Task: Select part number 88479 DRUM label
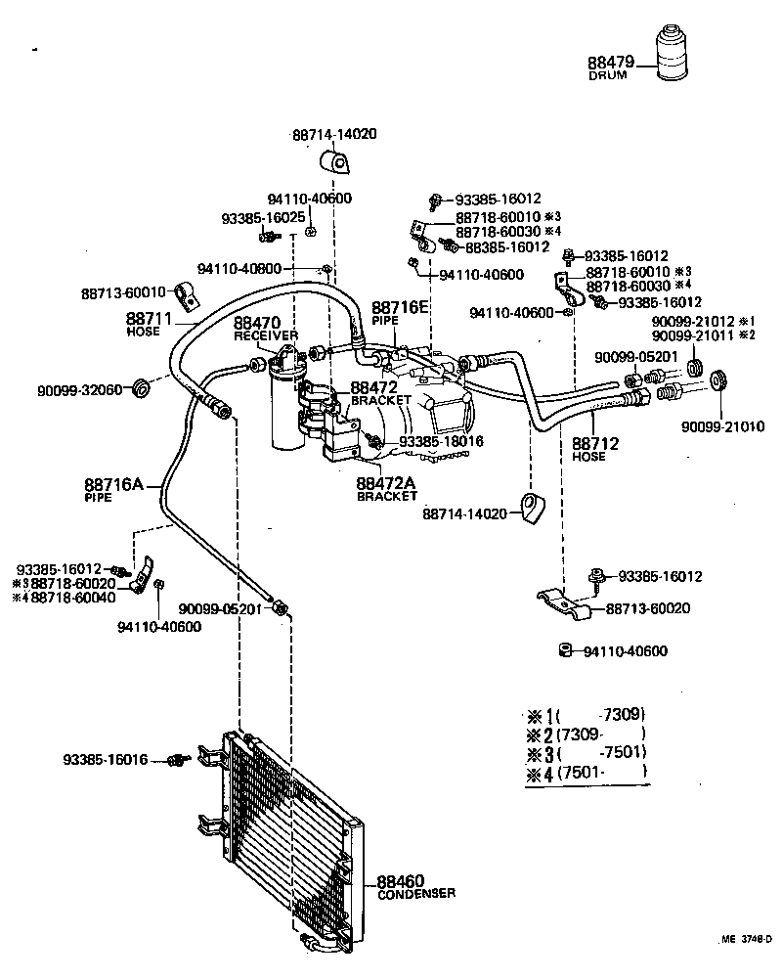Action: coord(611,67)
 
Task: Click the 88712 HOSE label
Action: coord(595,449)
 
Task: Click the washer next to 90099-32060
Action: coord(142,387)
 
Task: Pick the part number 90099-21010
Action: coord(722,426)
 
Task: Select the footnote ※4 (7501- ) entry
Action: coord(586,774)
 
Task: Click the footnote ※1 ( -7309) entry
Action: coord(586,715)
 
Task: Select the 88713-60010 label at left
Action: coord(122,291)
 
